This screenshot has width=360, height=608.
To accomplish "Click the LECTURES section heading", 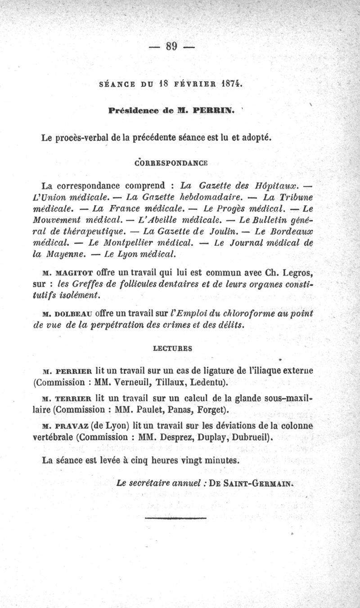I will tap(172, 347).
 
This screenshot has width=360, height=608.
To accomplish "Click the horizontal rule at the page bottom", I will tap(175, 518).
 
